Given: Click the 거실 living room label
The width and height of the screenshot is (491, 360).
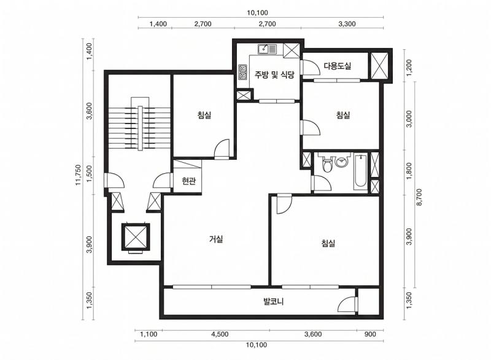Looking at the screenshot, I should (x=216, y=239).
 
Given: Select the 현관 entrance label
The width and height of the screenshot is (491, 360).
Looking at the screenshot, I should (x=188, y=181).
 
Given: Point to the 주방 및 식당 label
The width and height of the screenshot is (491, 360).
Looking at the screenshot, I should (x=275, y=75).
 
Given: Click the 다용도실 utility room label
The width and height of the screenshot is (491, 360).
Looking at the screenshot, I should (x=337, y=66).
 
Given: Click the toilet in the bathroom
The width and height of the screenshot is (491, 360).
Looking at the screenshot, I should (x=327, y=165).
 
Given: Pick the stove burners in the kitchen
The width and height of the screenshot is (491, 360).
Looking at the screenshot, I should (x=242, y=71).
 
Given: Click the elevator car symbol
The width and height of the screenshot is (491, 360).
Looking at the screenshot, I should (x=135, y=236).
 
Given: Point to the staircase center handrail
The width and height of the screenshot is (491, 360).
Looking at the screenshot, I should (x=139, y=127).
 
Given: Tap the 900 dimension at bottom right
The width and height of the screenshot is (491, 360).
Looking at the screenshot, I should (x=370, y=334).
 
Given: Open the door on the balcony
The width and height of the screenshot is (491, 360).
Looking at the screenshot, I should (x=349, y=305).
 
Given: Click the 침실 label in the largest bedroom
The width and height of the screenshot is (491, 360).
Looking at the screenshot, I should (x=328, y=243).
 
